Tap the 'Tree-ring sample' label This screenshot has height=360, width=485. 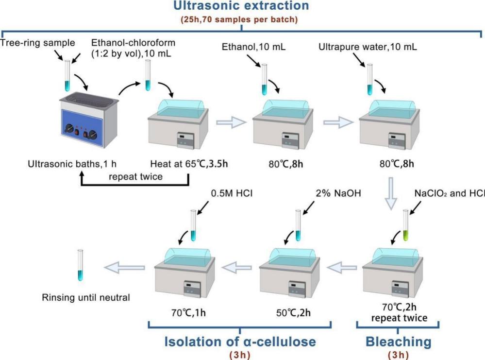click(37, 44)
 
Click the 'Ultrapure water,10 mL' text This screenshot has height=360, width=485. click(368, 48)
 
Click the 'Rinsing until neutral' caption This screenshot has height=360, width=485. click(85, 297)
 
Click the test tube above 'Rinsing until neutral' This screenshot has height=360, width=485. click(81, 264)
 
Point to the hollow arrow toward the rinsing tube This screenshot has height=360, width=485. click(125, 266)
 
